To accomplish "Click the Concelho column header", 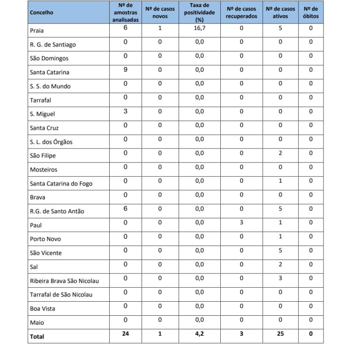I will coord(41,12).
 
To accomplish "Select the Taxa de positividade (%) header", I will coord(199,12).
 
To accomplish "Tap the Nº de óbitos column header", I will coord(310,12).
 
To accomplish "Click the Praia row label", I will coord(37,31).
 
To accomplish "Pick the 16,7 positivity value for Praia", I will coord(200,28).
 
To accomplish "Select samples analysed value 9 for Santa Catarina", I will coord(126,70).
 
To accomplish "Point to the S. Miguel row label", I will coord(42,114).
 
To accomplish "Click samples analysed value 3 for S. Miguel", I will coord(126,111).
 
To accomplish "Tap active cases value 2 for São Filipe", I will coord(280,153).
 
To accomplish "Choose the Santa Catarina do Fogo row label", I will coord(61,183).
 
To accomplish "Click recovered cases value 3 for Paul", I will coord(241,223).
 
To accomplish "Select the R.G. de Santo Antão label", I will coord(57,211).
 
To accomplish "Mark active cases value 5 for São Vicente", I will coord(280,250).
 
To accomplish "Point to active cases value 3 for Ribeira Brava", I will coord(280,278).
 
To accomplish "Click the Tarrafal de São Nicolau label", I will coord(61,295).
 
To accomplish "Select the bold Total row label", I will coord(37,336).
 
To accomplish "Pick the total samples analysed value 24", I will coord(126,334).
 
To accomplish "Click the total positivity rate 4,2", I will coord(200,334).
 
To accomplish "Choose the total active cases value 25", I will coord(280,334).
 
